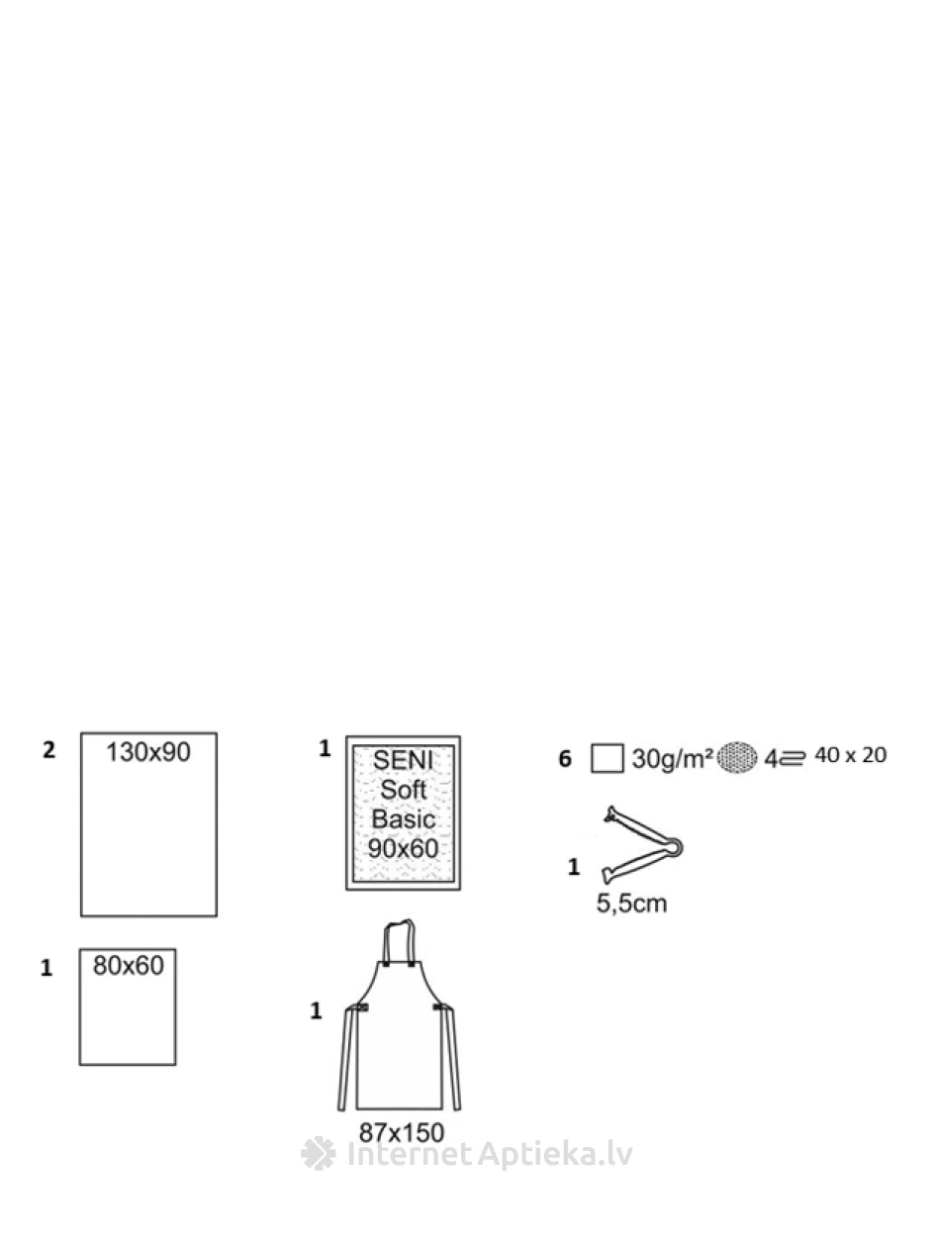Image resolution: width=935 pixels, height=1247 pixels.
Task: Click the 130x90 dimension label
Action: pos(148,752)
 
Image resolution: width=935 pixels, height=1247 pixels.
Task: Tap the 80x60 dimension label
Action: pos(128,965)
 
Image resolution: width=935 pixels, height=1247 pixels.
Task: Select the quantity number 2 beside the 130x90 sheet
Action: pos(48,750)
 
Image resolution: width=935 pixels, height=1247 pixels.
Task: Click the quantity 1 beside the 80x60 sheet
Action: pos(46,968)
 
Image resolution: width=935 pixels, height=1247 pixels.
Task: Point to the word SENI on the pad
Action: pos(403,761)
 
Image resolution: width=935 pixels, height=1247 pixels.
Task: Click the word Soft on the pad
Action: pos(403,790)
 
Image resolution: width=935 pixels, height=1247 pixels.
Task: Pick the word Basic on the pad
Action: pos(403,819)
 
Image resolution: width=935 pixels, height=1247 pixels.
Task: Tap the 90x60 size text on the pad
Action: pos(403,848)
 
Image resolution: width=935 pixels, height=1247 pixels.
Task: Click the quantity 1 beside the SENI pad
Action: pos(325,749)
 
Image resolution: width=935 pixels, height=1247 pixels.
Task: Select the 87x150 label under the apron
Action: pos(402,1132)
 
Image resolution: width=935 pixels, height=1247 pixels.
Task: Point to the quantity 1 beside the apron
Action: pos(316,1010)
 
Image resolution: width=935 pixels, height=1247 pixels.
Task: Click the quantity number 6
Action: pos(565,760)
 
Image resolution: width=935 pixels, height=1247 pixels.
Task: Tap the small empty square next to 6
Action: pos(608,759)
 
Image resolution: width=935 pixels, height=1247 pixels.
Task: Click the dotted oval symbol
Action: pos(738,758)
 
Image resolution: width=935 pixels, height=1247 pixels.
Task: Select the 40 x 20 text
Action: pos(850,756)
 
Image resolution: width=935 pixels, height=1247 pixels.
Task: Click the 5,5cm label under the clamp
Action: pos(631,903)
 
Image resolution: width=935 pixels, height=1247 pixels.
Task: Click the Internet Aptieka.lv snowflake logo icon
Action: pos(319,1154)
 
